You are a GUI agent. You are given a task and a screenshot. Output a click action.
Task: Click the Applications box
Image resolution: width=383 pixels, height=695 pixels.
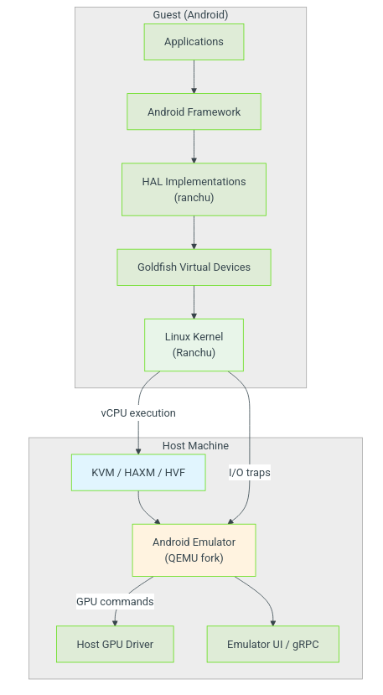pos(194,42)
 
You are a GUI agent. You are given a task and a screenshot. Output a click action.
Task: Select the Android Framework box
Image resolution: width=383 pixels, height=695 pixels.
pos(194,112)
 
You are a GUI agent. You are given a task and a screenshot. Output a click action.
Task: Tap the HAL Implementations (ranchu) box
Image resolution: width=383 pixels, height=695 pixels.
pos(194,189)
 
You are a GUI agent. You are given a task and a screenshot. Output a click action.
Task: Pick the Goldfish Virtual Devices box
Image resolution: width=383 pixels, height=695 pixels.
pos(194,267)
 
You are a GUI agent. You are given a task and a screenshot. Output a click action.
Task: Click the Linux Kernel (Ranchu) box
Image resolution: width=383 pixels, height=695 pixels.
pos(194,345)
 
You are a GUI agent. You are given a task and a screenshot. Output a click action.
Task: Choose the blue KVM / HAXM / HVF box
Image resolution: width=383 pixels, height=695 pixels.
pos(138,473)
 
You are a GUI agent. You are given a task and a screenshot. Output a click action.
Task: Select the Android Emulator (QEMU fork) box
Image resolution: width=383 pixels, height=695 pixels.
pos(194,550)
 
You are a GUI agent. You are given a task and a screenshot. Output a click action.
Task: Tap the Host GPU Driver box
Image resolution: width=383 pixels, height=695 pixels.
pos(115,644)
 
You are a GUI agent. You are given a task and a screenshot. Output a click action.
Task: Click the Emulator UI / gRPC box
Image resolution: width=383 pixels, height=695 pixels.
pos(272,644)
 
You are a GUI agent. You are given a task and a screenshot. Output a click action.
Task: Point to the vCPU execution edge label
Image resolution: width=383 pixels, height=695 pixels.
pos(138,413)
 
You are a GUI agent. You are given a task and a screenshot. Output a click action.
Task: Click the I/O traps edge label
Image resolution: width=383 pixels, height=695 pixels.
pos(250,473)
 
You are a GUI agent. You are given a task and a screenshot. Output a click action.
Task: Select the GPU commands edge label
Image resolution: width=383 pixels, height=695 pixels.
pos(115,601)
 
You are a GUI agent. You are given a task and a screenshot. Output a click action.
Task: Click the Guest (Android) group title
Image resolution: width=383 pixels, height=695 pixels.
pos(190,14)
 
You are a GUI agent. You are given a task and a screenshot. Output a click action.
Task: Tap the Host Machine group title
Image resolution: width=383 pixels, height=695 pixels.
pos(195,445)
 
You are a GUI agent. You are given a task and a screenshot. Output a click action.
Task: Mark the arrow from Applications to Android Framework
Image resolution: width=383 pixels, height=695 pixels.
pos(194,76)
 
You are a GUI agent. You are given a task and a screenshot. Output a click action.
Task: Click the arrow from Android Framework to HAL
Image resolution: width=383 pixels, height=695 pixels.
pos(194,146)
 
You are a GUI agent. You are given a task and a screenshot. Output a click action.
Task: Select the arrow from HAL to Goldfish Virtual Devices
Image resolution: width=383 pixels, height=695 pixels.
pos(194,232)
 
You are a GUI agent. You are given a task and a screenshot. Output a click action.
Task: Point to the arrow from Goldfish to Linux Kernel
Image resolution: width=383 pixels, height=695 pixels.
pos(194,302)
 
